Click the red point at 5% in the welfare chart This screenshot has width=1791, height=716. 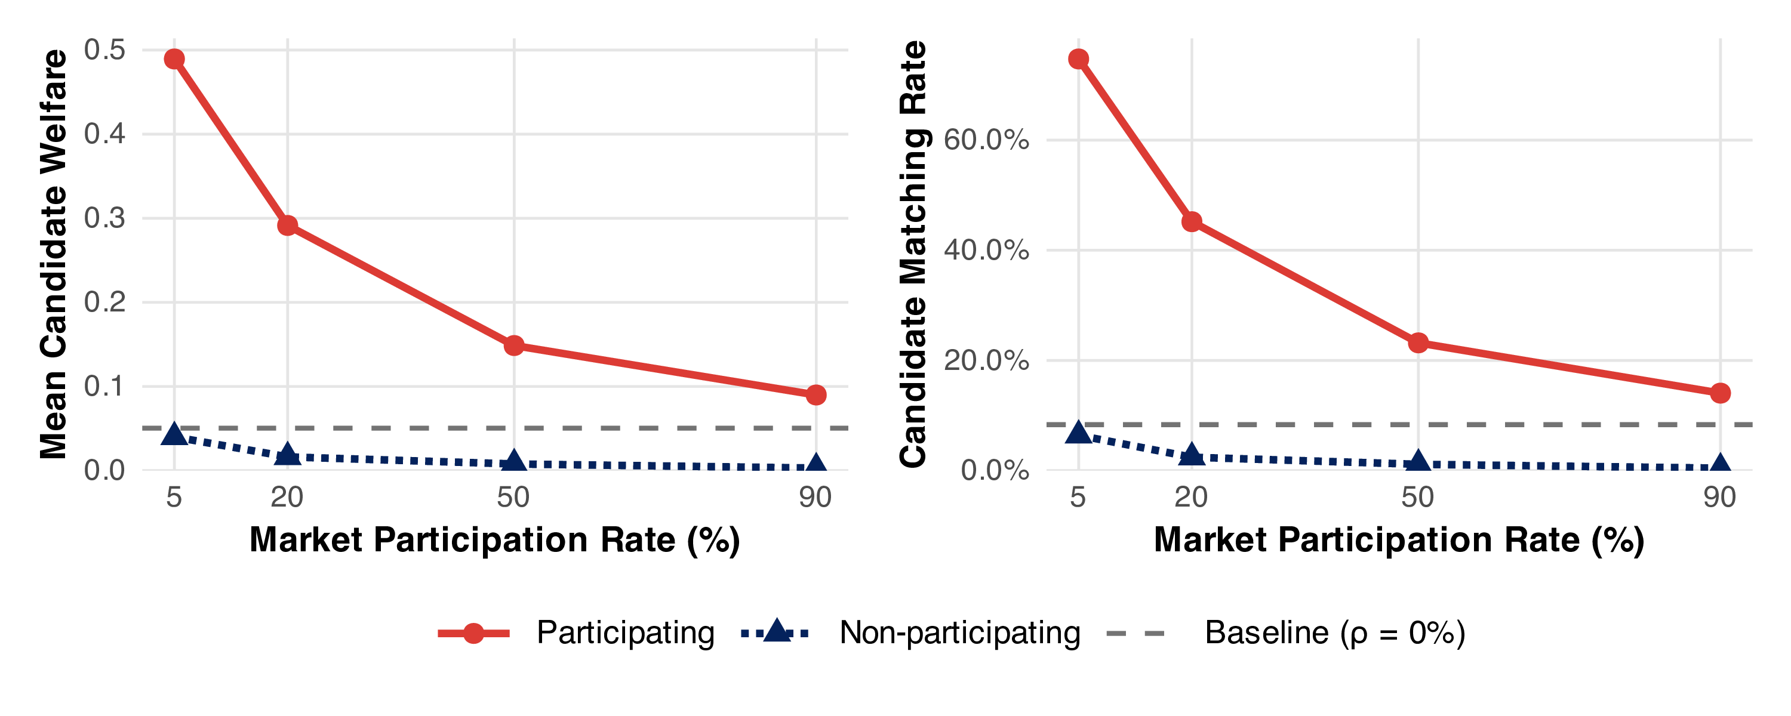[174, 59]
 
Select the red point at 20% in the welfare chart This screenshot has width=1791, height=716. [287, 225]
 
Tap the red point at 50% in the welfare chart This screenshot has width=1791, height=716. [514, 345]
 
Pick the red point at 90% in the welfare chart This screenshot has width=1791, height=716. [816, 395]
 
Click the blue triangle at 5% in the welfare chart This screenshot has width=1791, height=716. [174, 435]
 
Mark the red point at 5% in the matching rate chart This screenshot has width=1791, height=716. [1078, 59]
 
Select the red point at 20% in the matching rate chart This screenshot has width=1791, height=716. [1192, 222]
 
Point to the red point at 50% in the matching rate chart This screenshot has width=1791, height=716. [1418, 342]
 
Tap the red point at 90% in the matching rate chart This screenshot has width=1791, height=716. [1720, 393]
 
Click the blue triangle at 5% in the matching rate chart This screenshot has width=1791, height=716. [1078, 433]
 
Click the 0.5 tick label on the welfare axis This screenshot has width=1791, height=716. [104, 50]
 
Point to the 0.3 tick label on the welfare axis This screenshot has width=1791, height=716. [104, 218]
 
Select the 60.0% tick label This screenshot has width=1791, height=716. [986, 140]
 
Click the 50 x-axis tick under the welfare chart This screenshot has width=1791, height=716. [514, 498]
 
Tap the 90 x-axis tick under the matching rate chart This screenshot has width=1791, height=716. [1720, 498]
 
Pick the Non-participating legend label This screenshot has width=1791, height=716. [959, 632]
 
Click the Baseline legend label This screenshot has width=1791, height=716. [1335, 632]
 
